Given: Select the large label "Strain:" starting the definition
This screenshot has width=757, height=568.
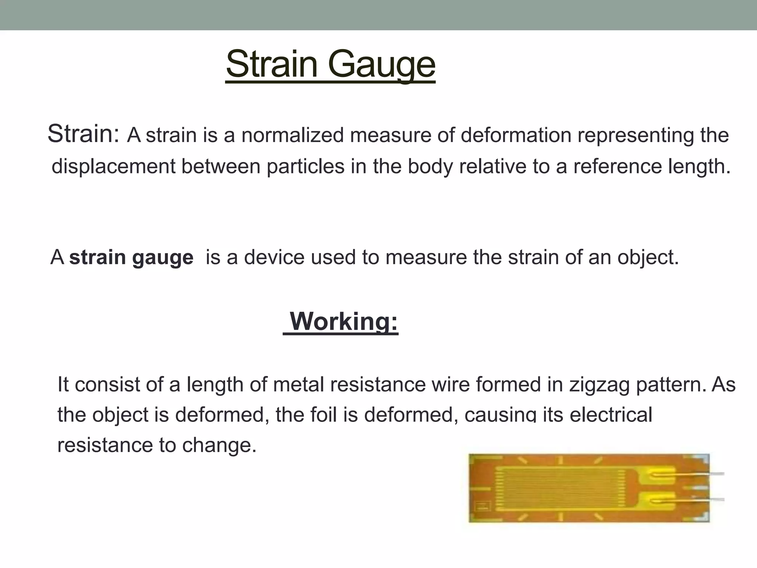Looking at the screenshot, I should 84,133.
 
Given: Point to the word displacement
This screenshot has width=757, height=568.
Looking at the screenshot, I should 113,166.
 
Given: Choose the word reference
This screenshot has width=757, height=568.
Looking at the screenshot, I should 618,166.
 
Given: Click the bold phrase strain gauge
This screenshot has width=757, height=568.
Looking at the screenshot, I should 131,257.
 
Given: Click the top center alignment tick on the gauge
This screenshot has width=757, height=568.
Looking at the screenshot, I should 560,460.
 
